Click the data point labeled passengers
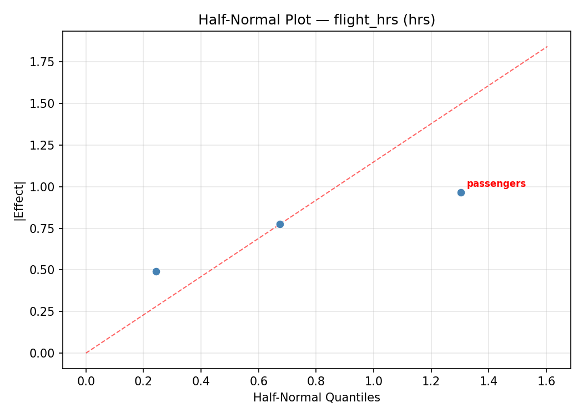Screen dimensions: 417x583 coord(461,192)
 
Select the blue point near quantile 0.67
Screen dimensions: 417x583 coord(280,224)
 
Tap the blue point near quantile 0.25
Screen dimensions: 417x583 coord(156,271)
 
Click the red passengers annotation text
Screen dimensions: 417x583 coord(496,184)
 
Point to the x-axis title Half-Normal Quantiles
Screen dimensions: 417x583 coord(316,398)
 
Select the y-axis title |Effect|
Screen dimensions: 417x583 coord(20,200)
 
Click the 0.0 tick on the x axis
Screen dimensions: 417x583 coord(86,381)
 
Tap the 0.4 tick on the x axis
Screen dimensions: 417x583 coord(201,381)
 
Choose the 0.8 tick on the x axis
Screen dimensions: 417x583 coord(316,381)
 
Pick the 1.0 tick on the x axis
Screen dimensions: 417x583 coord(374,381)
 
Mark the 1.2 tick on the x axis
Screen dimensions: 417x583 coord(431,381)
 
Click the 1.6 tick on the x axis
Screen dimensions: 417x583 coord(546,381)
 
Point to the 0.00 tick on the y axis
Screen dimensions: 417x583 coord(42,353)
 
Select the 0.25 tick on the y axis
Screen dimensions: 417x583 coord(42,311)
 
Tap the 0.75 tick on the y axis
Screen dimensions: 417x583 coord(42,229)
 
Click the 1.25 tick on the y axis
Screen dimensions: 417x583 coord(42,145)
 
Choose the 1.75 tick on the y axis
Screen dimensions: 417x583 coord(42,62)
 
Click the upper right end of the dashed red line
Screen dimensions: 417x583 coord(547,47)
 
